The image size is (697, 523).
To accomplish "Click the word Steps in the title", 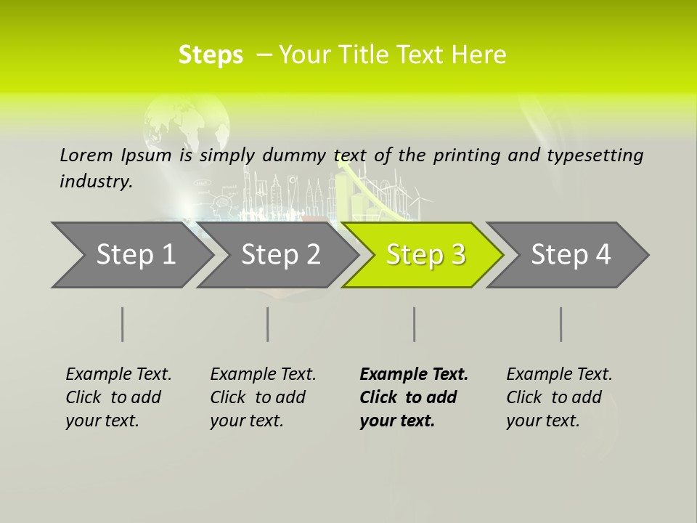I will pyautogui.click(x=211, y=55).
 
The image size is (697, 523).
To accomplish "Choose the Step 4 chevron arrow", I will pyautogui.click(x=571, y=255).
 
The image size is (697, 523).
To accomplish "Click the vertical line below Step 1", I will pyautogui.click(x=122, y=324).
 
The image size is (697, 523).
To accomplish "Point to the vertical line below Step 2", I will pyautogui.click(x=268, y=324).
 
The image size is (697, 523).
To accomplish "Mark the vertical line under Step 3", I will pyautogui.click(x=414, y=324).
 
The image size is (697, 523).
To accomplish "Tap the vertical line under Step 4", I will pyautogui.click(x=561, y=324).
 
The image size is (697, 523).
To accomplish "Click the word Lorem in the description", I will pyautogui.click(x=86, y=155).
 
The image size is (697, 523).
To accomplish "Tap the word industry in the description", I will pyautogui.click(x=96, y=181).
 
